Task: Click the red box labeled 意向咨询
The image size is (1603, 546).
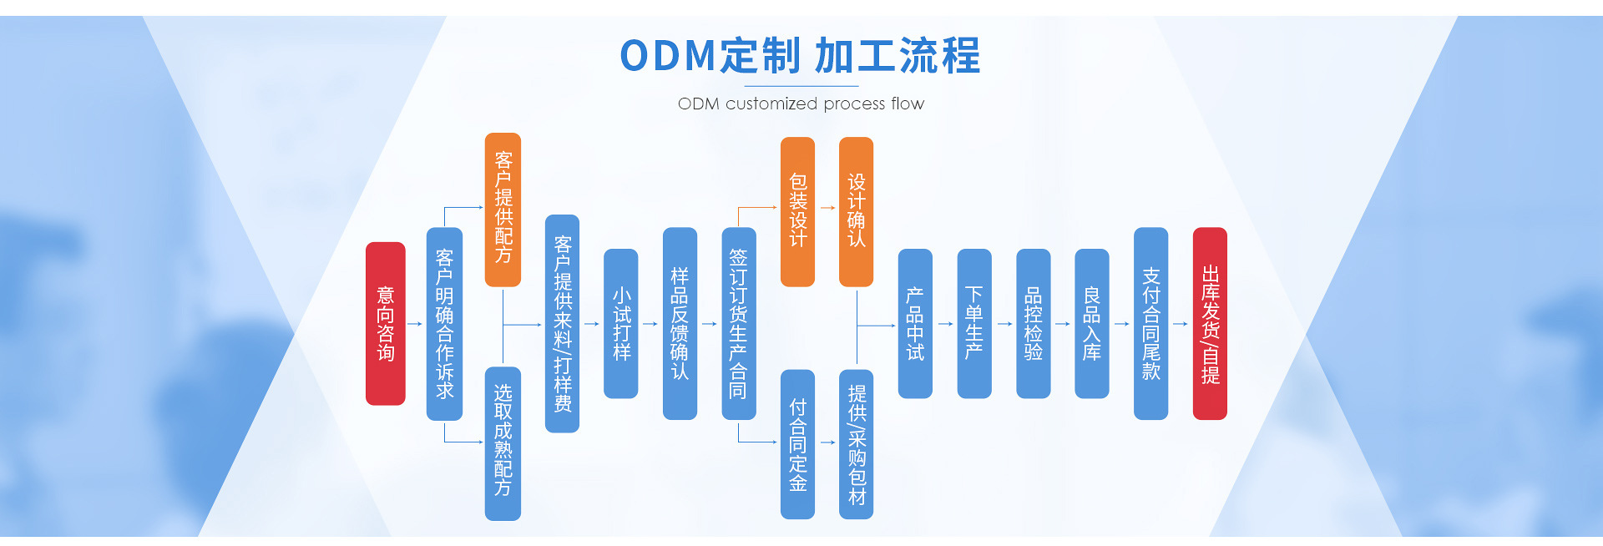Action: [385, 323]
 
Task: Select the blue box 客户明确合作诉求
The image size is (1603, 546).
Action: [444, 323]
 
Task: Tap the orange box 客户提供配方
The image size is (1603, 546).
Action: [503, 209]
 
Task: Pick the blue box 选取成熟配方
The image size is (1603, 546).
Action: [503, 442]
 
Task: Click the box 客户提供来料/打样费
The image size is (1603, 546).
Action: [562, 323]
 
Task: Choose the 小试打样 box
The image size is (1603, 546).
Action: [621, 323]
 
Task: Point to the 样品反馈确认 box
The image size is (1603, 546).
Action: [680, 323]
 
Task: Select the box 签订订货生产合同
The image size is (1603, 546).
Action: [738, 323]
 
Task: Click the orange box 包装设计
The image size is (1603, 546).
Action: [797, 211]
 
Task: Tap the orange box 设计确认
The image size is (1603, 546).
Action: [856, 211]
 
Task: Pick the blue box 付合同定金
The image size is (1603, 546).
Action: [797, 444]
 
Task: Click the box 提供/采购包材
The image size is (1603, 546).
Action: [856, 444]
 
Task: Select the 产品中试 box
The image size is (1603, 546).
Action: [915, 323]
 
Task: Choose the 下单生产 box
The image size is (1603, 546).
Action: [973, 323]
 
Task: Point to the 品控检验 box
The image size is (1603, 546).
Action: [1033, 323]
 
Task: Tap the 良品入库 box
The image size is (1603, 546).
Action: [1091, 323]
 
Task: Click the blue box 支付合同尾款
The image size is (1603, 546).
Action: [1150, 323]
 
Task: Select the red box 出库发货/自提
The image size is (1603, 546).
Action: [1210, 323]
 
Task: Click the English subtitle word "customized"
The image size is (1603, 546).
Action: [771, 104]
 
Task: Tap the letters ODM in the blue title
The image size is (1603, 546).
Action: [668, 56]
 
